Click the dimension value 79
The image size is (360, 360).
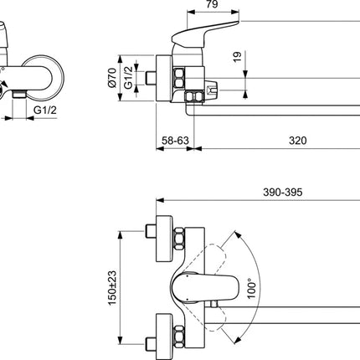coord(213,4)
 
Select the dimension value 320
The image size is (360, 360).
coord(297,141)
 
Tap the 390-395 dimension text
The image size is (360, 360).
coord(283,193)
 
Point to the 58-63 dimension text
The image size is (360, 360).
coord(175,141)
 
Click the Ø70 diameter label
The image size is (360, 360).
coord(112,78)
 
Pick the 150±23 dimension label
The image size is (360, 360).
coord(112,288)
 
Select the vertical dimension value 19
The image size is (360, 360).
coord(237,57)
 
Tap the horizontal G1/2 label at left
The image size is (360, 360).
coord(45,111)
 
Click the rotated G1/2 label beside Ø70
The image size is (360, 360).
coord(128,78)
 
